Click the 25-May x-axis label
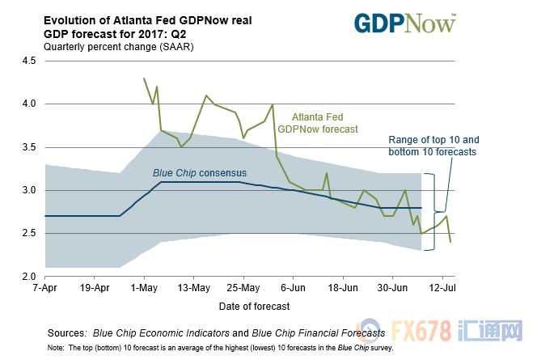point(243,288)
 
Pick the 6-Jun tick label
point(294,288)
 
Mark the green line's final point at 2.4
point(450,242)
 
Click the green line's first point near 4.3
point(144,78)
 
